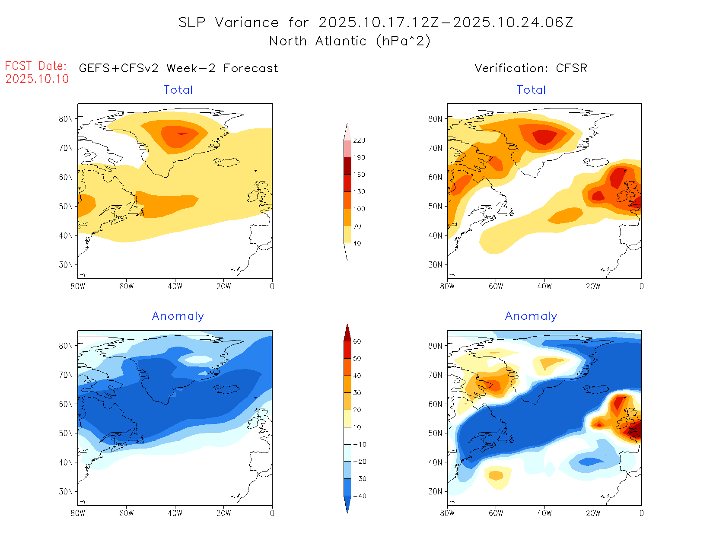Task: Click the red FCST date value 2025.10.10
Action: (37, 79)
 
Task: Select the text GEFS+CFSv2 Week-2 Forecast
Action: (178, 68)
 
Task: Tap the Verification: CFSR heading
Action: (531, 68)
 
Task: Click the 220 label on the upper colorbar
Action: (359, 140)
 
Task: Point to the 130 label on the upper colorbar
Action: (359, 192)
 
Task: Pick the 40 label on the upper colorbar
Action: (357, 243)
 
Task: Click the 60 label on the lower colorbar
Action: (357, 341)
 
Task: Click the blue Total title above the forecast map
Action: (178, 90)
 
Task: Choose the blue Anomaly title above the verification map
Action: (531, 316)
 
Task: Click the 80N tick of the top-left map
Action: (66, 119)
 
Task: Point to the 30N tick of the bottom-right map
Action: (435, 491)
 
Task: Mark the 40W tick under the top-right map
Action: (544, 286)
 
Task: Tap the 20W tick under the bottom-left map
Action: (223, 513)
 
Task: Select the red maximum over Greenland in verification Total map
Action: (544, 137)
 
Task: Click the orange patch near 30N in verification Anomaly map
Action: (496, 475)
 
